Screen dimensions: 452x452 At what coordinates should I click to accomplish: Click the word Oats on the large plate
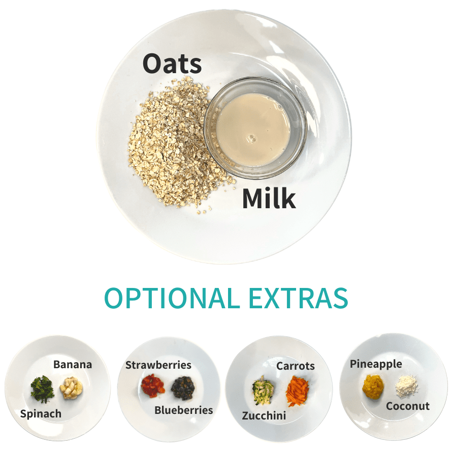tap(172, 63)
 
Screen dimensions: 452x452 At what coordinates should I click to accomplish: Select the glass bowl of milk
tap(255, 127)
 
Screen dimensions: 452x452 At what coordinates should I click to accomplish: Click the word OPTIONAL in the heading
tap(172, 298)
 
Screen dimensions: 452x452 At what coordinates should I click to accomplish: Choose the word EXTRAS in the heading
tap(298, 298)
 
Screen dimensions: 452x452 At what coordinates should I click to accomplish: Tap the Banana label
tap(73, 364)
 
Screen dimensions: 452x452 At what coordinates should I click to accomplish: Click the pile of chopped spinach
tap(42, 389)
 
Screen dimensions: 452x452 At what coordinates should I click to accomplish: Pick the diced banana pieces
tap(71, 388)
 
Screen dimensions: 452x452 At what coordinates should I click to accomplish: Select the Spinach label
tap(41, 414)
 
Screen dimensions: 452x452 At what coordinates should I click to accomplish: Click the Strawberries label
tap(158, 365)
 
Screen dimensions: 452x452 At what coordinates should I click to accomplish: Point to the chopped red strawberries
tap(153, 385)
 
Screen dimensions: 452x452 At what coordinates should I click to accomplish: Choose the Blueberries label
tap(184, 410)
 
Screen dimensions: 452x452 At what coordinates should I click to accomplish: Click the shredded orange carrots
tap(298, 391)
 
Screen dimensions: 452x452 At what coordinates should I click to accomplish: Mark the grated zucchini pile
tap(263, 391)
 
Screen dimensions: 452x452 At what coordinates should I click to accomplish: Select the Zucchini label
tap(264, 415)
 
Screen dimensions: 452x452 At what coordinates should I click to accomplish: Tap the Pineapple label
tap(376, 364)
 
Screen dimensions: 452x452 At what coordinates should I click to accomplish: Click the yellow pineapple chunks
tap(373, 387)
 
